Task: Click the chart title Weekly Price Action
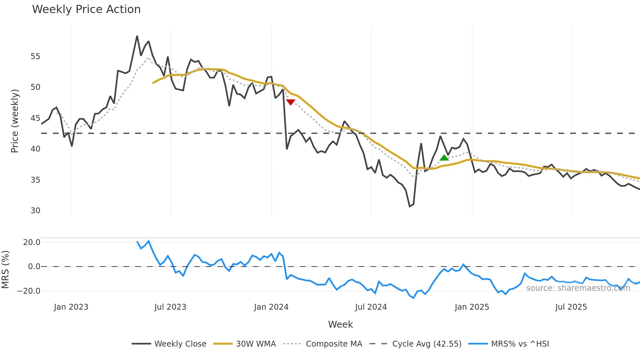[x=86, y=9]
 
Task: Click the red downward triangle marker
[x=290, y=102]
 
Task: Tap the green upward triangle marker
[x=444, y=158]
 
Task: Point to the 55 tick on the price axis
[x=35, y=57]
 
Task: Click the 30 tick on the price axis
[x=35, y=211]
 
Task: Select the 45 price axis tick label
[x=35, y=118]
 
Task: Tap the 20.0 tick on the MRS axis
[x=32, y=242]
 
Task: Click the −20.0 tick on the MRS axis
[x=29, y=291]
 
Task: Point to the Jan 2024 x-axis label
[x=271, y=307]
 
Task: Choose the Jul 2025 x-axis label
[x=571, y=307]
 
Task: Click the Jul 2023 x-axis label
[x=170, y=307]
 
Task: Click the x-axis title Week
[x=340, y=324]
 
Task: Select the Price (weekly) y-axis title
[x=15, y=121]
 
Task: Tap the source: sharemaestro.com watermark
[x=578, y=288]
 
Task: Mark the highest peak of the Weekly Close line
[x=137, y=36]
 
